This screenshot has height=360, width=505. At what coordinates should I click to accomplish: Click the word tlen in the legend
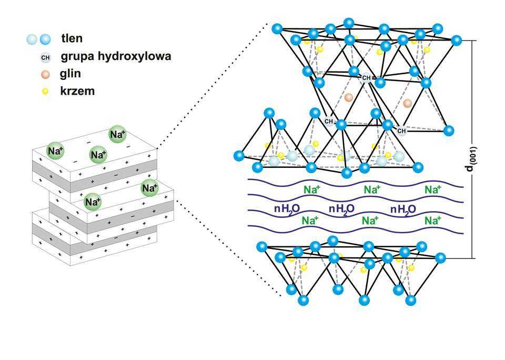click(72, 38)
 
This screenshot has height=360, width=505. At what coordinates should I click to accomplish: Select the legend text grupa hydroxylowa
click(116, 56)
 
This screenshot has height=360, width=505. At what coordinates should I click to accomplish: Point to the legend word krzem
click(77, 91)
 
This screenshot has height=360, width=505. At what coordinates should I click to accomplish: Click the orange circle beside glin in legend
click(46, 74)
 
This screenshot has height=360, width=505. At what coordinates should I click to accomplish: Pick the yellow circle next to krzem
click(46, 91)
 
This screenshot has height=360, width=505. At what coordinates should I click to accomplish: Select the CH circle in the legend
click(46, 56)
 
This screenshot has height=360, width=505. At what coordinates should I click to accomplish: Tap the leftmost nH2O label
click(287, 208)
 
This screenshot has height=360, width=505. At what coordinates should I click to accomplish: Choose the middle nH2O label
click(341, 208)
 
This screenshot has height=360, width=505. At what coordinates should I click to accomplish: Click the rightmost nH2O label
click(403, 208)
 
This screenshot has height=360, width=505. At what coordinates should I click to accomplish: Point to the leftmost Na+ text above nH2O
click(311, 189)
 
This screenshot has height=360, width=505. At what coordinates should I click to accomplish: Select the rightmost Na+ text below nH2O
click(432, 221)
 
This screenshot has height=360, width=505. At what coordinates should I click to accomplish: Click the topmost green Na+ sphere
click(117, 134)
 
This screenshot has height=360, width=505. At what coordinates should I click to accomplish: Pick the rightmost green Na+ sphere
click(149, 187)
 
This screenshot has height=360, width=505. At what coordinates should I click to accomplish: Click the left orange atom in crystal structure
click(348, 97)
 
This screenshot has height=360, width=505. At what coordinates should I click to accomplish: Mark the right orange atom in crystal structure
click(407, 104)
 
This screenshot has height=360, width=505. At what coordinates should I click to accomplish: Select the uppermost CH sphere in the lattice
click(366, 77)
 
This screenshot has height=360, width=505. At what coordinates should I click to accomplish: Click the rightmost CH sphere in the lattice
click(401, 131)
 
